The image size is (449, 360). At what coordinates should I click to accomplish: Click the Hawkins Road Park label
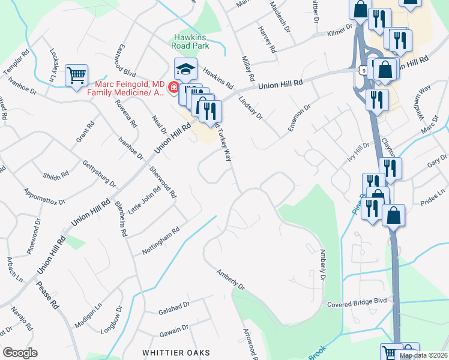pos(190,41)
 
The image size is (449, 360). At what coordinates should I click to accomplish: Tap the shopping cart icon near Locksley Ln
pos(76,75)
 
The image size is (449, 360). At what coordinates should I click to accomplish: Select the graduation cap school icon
pos(185,70)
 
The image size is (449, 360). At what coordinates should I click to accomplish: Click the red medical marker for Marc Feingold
pos(173,88)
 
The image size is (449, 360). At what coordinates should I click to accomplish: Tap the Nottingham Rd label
pos(161,240)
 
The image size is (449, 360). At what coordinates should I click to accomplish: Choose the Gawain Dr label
pos(175,328)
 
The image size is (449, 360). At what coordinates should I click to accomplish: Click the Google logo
pos(20,353)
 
